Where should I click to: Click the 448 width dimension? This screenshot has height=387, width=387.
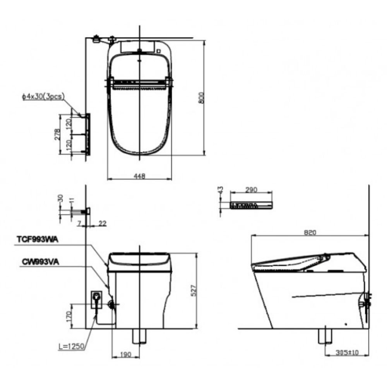[139, 176]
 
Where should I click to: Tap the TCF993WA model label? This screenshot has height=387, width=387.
[37, 240]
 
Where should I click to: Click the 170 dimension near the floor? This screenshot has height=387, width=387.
[68, 317]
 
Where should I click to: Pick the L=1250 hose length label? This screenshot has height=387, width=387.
[71, 347]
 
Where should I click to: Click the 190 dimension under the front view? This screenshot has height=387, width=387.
[126, 354]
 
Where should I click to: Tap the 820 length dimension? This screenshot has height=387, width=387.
[310, 233]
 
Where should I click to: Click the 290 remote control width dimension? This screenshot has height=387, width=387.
[251, 190]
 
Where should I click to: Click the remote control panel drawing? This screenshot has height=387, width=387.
[251, 205]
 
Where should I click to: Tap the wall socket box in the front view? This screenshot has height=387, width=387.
[96, 299]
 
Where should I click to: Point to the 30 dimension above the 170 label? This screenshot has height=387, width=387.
[60, 198]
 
